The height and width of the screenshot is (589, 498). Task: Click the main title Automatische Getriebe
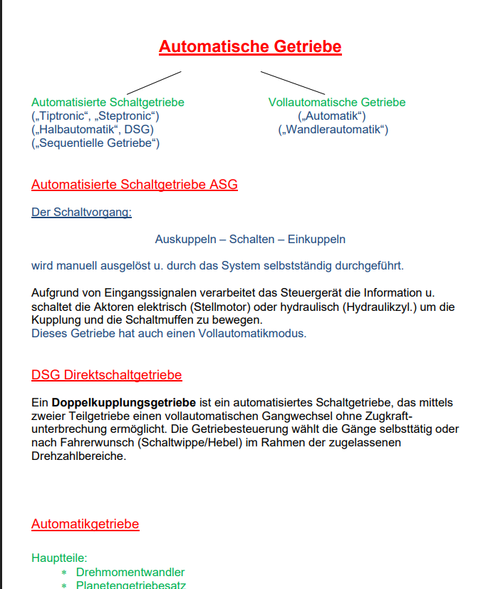(250, 47)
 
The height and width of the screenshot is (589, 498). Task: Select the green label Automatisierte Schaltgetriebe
(108, 103)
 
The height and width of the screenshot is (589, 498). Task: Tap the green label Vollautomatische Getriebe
(337, 103)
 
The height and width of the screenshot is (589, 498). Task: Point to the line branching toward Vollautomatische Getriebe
(293, 83)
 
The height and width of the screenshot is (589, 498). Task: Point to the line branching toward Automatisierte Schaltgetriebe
(152, 83)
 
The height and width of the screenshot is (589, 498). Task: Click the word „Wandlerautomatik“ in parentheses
(333, 130)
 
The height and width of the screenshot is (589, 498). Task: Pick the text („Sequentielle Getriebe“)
(95, 143)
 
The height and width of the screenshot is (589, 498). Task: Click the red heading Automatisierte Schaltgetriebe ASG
(135, 185)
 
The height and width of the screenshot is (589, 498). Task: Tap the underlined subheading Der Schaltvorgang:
(81, 212)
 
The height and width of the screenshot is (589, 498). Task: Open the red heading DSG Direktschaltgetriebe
(106, 375)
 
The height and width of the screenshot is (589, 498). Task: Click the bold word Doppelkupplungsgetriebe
(123, 403)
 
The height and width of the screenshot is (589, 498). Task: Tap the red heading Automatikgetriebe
(85, 524)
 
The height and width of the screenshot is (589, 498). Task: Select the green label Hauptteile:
(59, 558)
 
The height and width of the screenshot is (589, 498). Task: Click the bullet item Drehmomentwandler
(130, 572)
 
